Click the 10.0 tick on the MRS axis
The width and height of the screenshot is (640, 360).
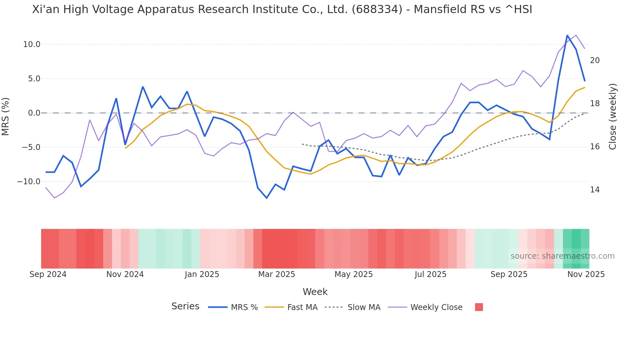pyautogui.click(x=32, y=44)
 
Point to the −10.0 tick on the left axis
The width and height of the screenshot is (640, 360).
pyautogui.click(x=29, y=182)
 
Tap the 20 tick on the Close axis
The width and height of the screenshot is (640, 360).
pyautogui.click(x=595, y=60)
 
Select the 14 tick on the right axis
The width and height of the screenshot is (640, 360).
pyautogui.click(x=595, y=190)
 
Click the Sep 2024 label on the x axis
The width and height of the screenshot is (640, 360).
pyautogui.click(x=48, y=274)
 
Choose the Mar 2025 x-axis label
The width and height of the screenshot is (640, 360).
pyautogui.click(x=277, y=274)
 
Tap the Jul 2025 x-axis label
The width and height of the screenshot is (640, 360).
pyautogui.click(x=430, y=274)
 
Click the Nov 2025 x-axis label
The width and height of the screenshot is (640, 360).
pyautogui.click(x=586, y=274)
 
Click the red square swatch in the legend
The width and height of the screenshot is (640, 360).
pyautogui.click(x=479, y=307)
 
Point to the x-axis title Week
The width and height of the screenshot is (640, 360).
pyautogui.click(x=315, y=292)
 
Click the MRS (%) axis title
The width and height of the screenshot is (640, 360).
pyautogui.click(x=6, y=116)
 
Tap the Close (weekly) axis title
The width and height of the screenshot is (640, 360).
pyautogui.click(x=613, y=117)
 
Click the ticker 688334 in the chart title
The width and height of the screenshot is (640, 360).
pyautogui.click(x=377, y=9)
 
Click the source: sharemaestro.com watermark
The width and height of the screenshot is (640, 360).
pyautogui.click(x=562, y=256)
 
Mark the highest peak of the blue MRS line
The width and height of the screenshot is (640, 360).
pyautogui.click(x=567, y=35)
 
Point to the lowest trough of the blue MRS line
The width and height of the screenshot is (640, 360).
pyautogui.click(x=267, y=198)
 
